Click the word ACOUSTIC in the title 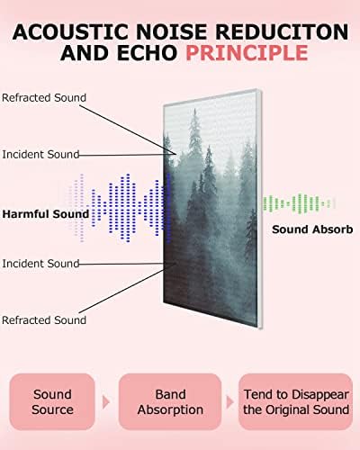click(x=71, y=31)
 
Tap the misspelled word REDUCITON click(x=282, y=31)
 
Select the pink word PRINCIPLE click(x=247, y=53)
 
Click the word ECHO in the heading click(x=147, y=53)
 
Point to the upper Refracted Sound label click(x=44, y=98)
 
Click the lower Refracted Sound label click(x=44, y=320)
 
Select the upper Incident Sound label click(x=40, y=154)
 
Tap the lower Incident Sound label click(x=40, y=264)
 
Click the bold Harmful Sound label click(x=46, y=214)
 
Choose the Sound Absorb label click(x=312, y=229)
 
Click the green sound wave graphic click(x=299, y=203)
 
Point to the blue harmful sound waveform click(x=120, y=208)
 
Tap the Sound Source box click(x=52, y=401)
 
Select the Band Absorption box click(x=170, y=401)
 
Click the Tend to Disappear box click(x=296, y=401)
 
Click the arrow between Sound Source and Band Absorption click(x=106, y=402)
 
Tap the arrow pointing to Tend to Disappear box click(x=229, y=402)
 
